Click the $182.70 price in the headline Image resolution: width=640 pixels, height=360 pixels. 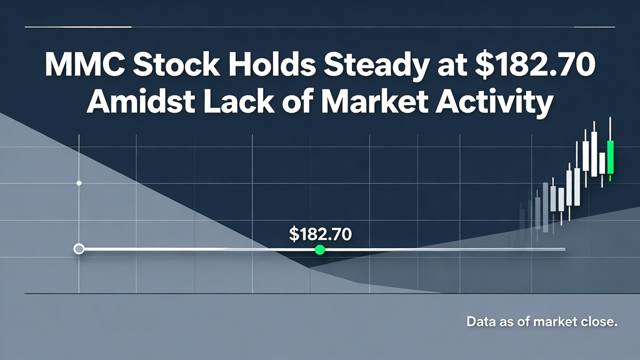tap(533, 65)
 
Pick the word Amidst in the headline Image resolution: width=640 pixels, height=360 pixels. tap(141, 101)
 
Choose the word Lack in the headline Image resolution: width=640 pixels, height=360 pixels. tap(239, 101)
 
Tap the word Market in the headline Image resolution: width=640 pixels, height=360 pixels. tap(374, 101)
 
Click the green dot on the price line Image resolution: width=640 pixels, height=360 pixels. tap(319, 249)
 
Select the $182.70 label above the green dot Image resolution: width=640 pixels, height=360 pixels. tap(320, 234)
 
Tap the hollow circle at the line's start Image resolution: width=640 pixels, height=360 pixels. tap(79, 249)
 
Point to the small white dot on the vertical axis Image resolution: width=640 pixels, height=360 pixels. tap(79, 183)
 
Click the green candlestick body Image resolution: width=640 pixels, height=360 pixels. tap(610, 157)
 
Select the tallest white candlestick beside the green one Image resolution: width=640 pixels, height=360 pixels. tap(594, 154)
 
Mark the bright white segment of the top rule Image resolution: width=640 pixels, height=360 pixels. tap(78, 27)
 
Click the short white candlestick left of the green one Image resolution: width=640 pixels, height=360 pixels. tap(602, 163)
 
